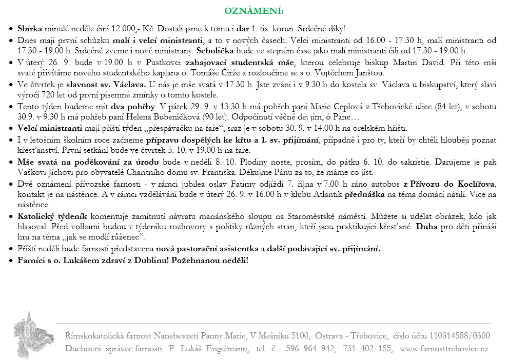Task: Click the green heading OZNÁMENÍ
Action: click(254, 11)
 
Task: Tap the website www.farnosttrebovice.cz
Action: click(444, 349)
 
